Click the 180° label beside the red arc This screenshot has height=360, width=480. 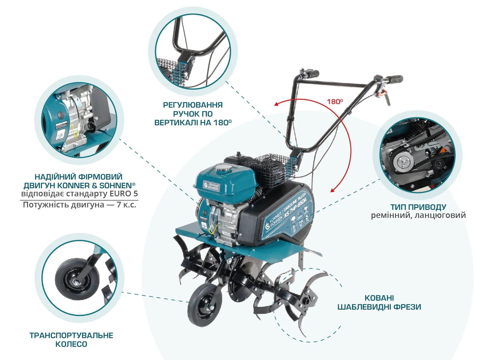335,102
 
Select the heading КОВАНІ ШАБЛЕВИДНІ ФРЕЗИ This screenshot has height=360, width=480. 379,302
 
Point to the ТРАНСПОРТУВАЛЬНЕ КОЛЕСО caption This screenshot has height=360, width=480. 71,340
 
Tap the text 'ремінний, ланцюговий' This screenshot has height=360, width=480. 418,215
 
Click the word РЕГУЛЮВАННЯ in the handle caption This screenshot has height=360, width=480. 193,105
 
